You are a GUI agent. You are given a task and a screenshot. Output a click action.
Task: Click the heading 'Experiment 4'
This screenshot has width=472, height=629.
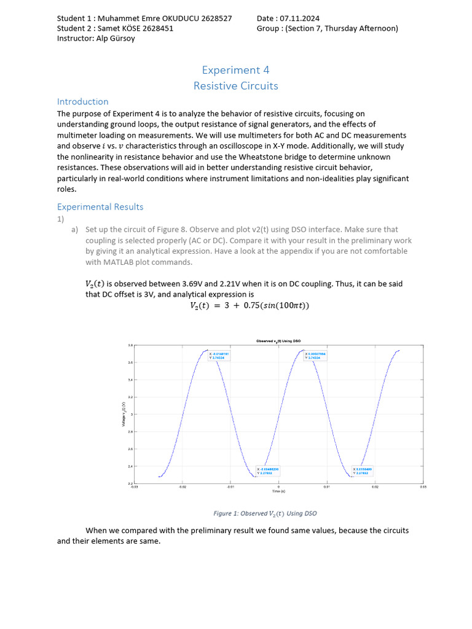[236, 70]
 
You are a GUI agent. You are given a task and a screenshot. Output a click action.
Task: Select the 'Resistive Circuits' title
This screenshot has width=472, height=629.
[236, 86]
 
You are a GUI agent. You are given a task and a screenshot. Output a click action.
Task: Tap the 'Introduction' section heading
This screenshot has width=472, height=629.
[82, 101]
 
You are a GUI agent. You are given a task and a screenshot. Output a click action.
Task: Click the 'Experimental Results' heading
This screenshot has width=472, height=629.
[100, 206]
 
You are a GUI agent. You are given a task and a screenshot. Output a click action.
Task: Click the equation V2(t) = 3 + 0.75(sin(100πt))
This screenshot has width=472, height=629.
[249, 306]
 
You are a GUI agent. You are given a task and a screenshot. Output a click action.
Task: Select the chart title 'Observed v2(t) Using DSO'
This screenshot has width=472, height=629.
[278, 341]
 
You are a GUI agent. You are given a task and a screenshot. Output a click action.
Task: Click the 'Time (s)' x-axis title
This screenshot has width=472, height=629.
[278, 491]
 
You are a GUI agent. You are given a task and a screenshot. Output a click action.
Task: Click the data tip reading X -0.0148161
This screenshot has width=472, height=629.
[220, 356]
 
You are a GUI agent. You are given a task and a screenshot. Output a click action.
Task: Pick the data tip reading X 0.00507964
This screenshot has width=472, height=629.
[316, 356]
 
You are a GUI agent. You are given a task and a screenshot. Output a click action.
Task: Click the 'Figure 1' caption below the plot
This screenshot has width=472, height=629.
[265, 514]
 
